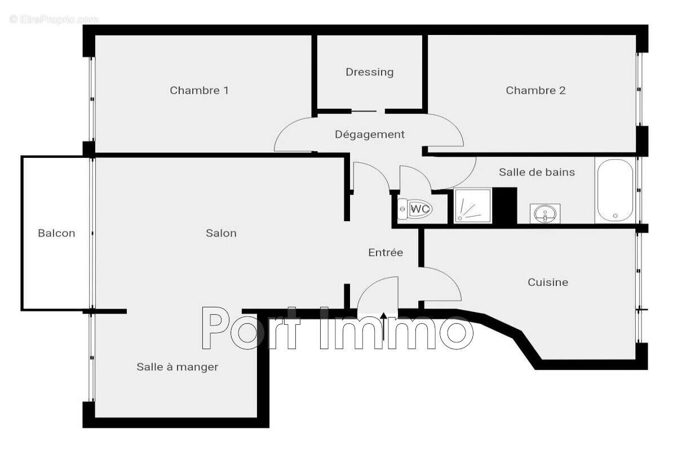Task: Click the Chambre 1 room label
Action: click(199, 90)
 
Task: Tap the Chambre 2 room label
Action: click(535, 90)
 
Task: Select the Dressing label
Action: click(369, 72)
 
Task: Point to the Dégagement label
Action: click(369, 134)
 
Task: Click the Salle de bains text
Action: click(537, 172)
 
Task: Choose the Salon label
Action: click(221, 233)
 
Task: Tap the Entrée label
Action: click(386, 253)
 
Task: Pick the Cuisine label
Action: click(547, 282)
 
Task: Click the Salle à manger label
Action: click(177, 367)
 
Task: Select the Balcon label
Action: click(56, 233)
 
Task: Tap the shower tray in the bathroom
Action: click(473, 205)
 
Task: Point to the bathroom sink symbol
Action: click(544, 213)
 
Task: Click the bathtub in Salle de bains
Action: click(614, 191)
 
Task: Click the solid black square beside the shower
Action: click(504, 205)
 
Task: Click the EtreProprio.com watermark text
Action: click(54, 19)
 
